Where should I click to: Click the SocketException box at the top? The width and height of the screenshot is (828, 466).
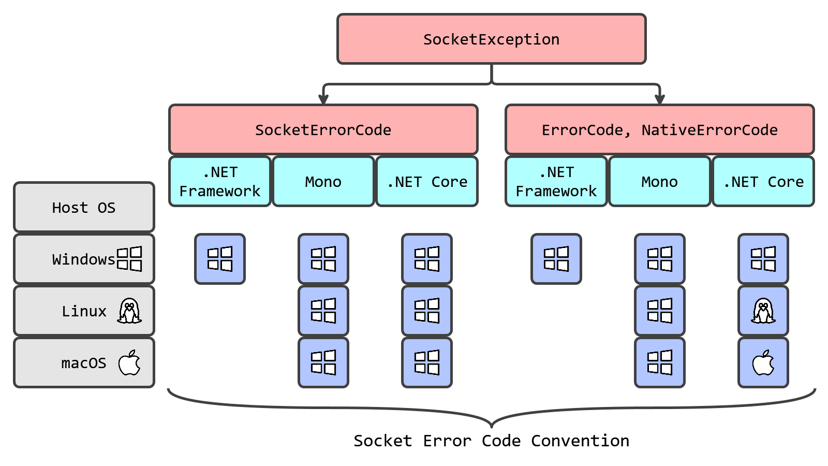491,39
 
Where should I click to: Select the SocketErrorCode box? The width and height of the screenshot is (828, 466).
323,129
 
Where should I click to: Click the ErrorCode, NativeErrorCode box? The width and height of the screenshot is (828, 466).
659,129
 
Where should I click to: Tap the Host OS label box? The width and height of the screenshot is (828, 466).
84,207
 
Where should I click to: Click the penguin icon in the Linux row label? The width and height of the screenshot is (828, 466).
129,311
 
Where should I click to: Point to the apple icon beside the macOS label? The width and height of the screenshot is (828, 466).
129,362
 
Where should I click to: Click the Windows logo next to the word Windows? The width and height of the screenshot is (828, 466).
129,259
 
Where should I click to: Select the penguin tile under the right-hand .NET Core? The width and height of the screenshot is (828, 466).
763,311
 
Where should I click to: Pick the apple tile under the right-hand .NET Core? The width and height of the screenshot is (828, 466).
763,362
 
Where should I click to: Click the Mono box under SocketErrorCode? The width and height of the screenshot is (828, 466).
323,182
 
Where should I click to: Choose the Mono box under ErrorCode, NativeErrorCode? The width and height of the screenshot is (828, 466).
659,182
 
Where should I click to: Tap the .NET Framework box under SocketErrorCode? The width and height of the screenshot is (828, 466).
220,182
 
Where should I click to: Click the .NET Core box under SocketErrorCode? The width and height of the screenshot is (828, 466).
427,182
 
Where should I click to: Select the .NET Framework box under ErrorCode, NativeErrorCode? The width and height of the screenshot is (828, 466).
556,182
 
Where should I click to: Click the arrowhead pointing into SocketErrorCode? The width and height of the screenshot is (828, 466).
323,99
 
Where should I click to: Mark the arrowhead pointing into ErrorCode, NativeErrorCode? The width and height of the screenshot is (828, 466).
659,99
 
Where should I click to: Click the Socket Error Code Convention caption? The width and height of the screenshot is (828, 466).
491,441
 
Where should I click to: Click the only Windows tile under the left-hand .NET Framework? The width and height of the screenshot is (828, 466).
220,259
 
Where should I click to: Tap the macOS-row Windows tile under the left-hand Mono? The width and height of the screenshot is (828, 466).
323,362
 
